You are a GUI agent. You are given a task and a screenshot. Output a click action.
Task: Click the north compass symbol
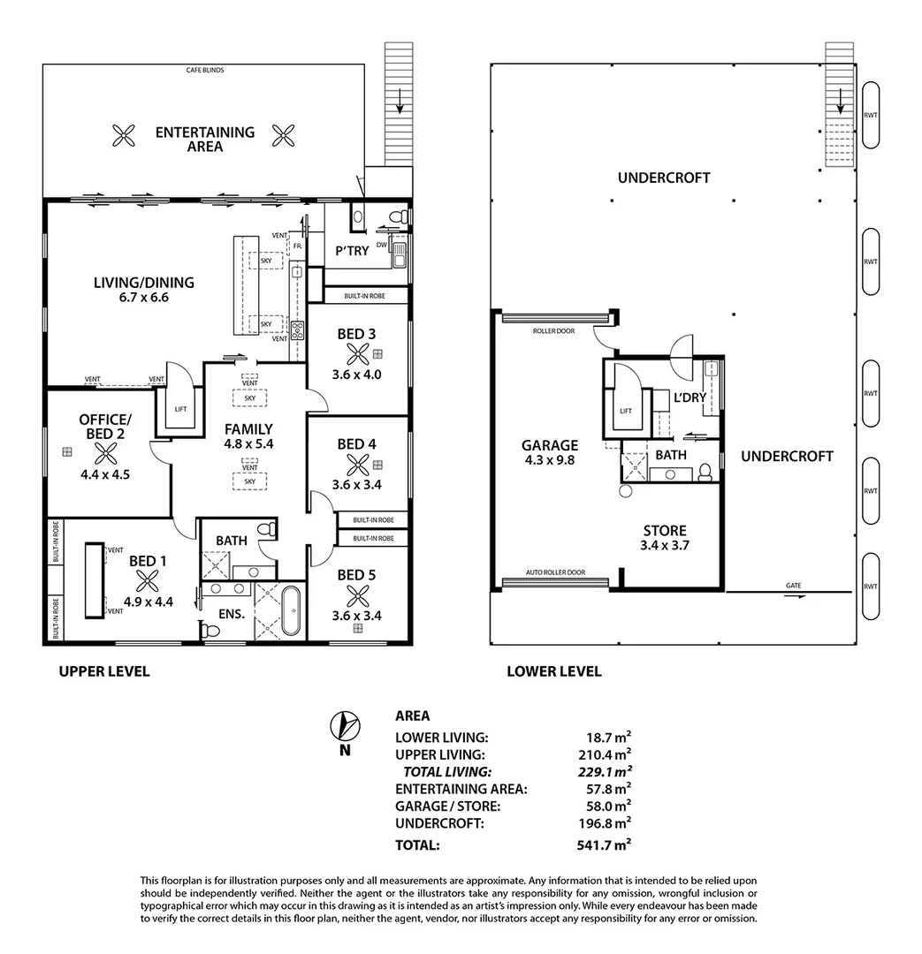point(345,726)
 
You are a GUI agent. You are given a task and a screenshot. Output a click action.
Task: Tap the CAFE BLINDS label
point(203,69)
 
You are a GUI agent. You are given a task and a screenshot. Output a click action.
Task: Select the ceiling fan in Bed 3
point(357,355)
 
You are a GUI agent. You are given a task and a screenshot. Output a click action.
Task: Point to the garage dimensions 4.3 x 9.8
point(549,460)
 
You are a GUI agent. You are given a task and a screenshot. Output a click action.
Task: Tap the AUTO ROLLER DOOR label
point(556,572)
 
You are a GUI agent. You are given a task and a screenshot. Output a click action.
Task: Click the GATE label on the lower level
point(793,586)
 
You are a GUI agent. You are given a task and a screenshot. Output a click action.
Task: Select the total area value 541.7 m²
point(603,845)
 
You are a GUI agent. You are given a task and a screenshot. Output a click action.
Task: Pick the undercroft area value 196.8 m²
point(603,823)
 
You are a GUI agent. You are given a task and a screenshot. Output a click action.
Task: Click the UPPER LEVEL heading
point(103,671)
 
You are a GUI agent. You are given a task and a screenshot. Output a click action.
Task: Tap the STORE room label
point(665,530)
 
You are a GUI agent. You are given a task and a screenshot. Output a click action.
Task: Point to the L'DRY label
point(690,397)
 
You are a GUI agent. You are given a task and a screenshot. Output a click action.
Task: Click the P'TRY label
point(351,251)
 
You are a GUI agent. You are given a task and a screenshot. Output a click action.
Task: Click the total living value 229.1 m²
point(603,771)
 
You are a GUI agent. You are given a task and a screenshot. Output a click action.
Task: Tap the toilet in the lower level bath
point(705,473)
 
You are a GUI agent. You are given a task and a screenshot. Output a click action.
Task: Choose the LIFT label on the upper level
point(179,409)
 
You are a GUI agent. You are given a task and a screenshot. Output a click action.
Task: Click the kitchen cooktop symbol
point(299,332)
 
